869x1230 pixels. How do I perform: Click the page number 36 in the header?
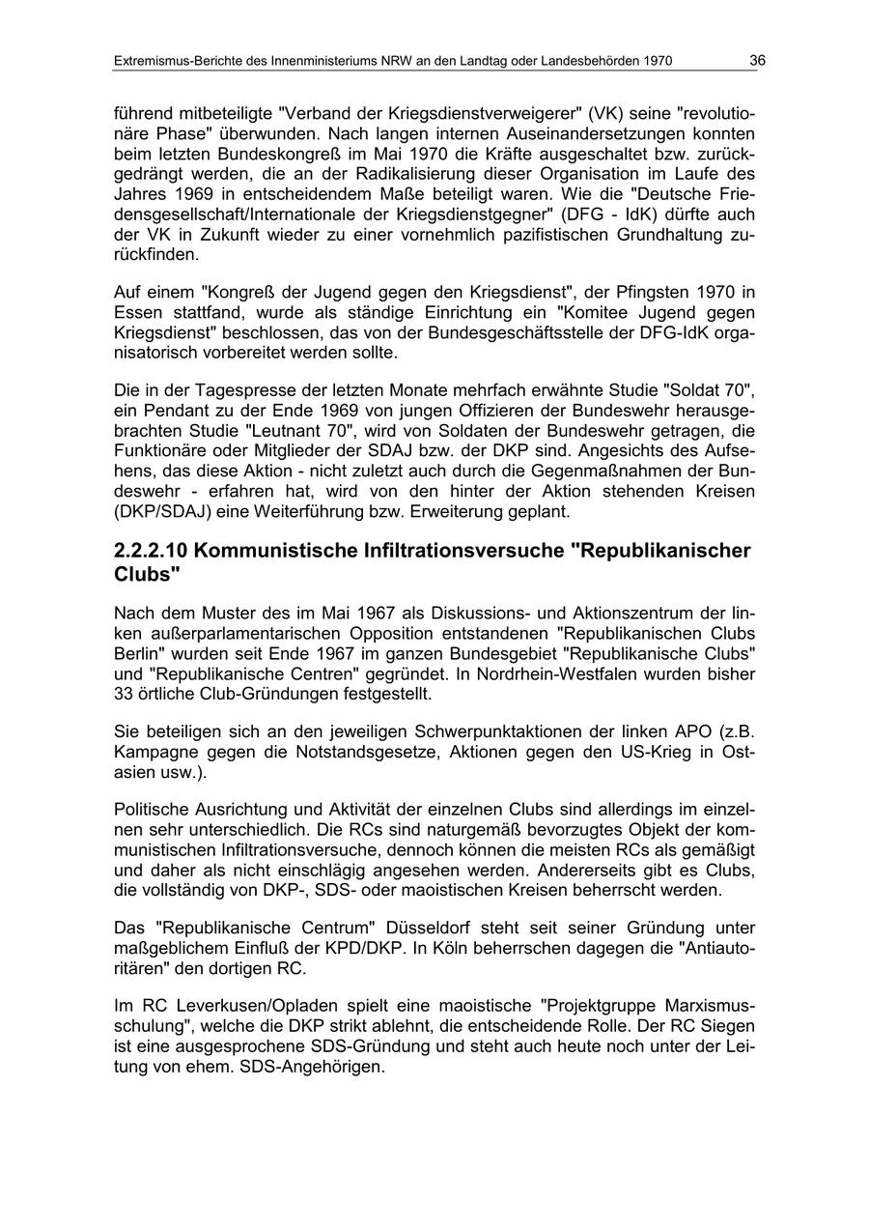pos(757,61)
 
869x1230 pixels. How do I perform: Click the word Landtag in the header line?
pos(469,61)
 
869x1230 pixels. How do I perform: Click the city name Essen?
pos(136,313)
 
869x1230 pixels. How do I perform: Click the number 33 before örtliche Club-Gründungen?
pos(125,693)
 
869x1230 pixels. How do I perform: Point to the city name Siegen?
pos(729,1028)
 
